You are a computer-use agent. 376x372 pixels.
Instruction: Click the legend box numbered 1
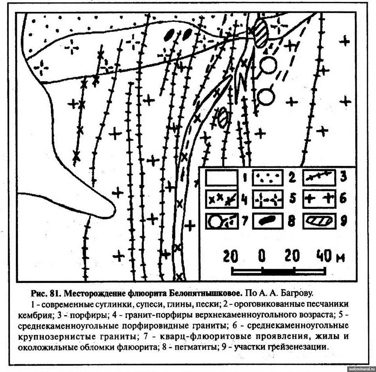222,177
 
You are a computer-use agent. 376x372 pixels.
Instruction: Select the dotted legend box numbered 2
267,177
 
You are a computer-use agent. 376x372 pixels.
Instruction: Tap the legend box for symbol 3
319,177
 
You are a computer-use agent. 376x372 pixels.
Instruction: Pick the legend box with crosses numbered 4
222,199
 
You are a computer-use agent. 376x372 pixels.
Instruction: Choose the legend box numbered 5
267,199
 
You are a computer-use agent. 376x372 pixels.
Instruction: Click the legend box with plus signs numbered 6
319,199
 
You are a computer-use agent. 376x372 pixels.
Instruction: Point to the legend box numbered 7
222,221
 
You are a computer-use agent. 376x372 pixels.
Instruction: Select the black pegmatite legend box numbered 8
267,221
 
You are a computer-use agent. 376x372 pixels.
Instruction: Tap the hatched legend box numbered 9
319,221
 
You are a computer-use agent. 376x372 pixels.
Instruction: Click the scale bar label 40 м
331,256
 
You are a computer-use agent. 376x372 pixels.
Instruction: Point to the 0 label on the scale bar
262,256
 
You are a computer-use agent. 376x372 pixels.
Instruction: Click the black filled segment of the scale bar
278,271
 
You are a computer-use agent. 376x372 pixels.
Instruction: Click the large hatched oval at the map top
261,33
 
